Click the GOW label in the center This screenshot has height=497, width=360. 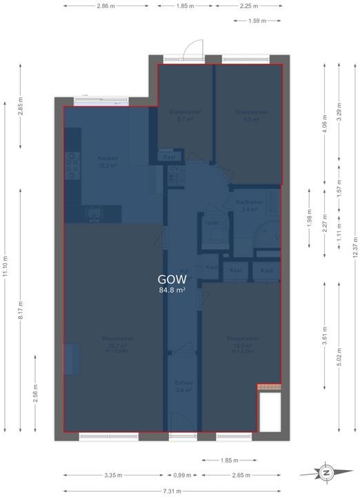tap(172, 280)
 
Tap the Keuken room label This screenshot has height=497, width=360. tap(108, 158)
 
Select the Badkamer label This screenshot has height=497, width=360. tap(246, 202)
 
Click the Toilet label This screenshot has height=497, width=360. tap(211, 223)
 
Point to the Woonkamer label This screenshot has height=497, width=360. tap(117, 338)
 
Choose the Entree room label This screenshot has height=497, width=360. tap(183, 382)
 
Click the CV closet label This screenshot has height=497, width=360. tap(174, 168)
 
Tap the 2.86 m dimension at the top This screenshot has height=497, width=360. tap(106, 6)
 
